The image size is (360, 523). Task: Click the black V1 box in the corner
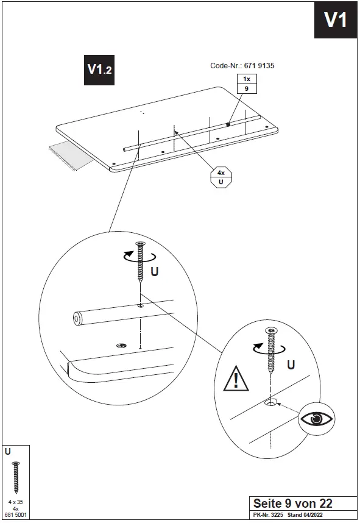336,20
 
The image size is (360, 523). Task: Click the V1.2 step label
99,70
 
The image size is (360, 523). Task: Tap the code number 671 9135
259,66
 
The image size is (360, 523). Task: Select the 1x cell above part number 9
247,79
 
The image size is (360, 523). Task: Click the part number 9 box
247,89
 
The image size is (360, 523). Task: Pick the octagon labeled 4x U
221,177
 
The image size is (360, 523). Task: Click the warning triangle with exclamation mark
236,379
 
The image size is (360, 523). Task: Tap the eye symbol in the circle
316,419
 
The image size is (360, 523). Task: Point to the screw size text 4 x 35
16,502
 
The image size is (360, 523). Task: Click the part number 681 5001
16,514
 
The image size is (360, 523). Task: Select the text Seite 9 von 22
292,503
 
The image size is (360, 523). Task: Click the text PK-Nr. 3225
268,514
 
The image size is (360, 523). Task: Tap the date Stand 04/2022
305,514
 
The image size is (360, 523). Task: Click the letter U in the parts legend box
8,452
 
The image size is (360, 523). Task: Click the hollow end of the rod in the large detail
77,319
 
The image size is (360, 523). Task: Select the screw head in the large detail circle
140,244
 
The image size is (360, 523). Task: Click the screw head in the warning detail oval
272,330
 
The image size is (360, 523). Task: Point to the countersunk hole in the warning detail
270,404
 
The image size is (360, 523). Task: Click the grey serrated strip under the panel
72,154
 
